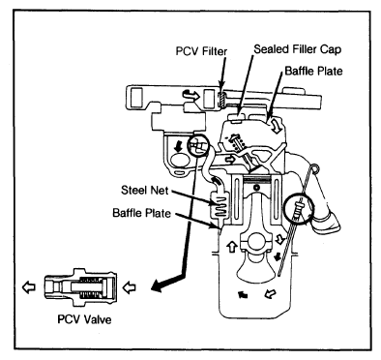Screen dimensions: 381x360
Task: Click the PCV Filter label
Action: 201,51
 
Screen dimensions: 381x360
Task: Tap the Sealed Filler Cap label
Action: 298,49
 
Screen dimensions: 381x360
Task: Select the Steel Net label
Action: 145,190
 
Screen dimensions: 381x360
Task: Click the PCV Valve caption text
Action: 84,319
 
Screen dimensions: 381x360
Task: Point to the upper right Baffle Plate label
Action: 313,71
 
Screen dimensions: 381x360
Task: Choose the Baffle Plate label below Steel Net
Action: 141,213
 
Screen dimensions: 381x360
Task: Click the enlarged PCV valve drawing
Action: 80,286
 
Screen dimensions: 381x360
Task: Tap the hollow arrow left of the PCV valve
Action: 29,286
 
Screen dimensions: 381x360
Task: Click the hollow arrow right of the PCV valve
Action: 130,287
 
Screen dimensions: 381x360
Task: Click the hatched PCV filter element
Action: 222,100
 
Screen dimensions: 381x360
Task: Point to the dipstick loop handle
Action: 314,167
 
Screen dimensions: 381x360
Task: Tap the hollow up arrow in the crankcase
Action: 232,247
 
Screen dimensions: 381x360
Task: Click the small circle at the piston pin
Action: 256,187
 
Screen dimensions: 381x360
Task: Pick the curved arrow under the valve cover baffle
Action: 276,126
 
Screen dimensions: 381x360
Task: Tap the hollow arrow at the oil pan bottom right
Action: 270,293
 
